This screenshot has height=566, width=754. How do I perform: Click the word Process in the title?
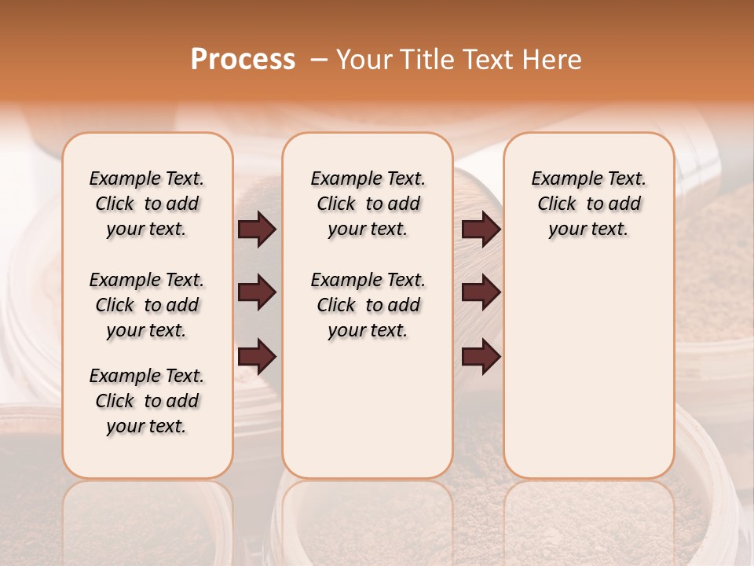pyautogui.click(x=243, y=60)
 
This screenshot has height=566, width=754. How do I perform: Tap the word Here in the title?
pyautogui.click(x=553, y=60)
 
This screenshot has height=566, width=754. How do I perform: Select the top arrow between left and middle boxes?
pyautogui.click(x=257, y=230)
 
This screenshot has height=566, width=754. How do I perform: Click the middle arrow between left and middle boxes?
pyautogui.click(x=257, y=292)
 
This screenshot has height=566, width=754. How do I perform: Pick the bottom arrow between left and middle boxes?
pyautogui.click(x=257, y=357)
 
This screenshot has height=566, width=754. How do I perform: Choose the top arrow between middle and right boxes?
pyautogui.click(x=481, y=230)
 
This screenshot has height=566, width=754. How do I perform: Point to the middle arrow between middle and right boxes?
pyautogui.click(x=481, y=292)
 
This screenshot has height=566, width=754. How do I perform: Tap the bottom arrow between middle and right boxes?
pyautogui.click(x=481, y=357)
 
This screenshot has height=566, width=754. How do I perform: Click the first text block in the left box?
pyautogui.click(x=147, y=204)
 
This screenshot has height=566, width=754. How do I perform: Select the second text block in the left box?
pyautogui.click(x=147, y=305)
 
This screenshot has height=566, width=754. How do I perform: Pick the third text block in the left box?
pyautogui.click(x=147, y=401)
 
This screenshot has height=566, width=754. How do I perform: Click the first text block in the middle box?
pyautogui.click(x=368, y=204)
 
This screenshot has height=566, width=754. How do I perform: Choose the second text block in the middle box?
pyautogui.click(x=368, y=305)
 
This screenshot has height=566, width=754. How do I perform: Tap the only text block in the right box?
pyautogui.click(x=588, y=204)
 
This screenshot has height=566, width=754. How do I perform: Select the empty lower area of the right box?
pyautogui.click(x=588, y=369)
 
